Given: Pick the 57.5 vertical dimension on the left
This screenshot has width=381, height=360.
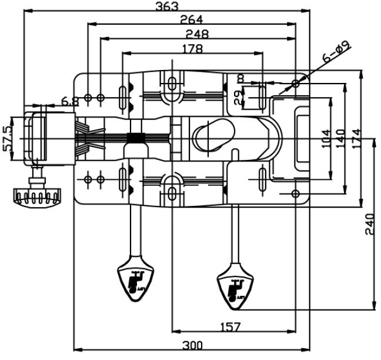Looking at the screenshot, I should (7, 138).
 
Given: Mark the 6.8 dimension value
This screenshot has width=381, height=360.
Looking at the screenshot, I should (70, 102).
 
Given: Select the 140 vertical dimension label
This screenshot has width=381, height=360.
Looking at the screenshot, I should (341, 138).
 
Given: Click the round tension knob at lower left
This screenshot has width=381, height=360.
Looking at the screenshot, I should (36, 195).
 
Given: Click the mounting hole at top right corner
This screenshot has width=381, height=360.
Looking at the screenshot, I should (296, 84).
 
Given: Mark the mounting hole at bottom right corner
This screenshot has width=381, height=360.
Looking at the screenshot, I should (296, 194).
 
